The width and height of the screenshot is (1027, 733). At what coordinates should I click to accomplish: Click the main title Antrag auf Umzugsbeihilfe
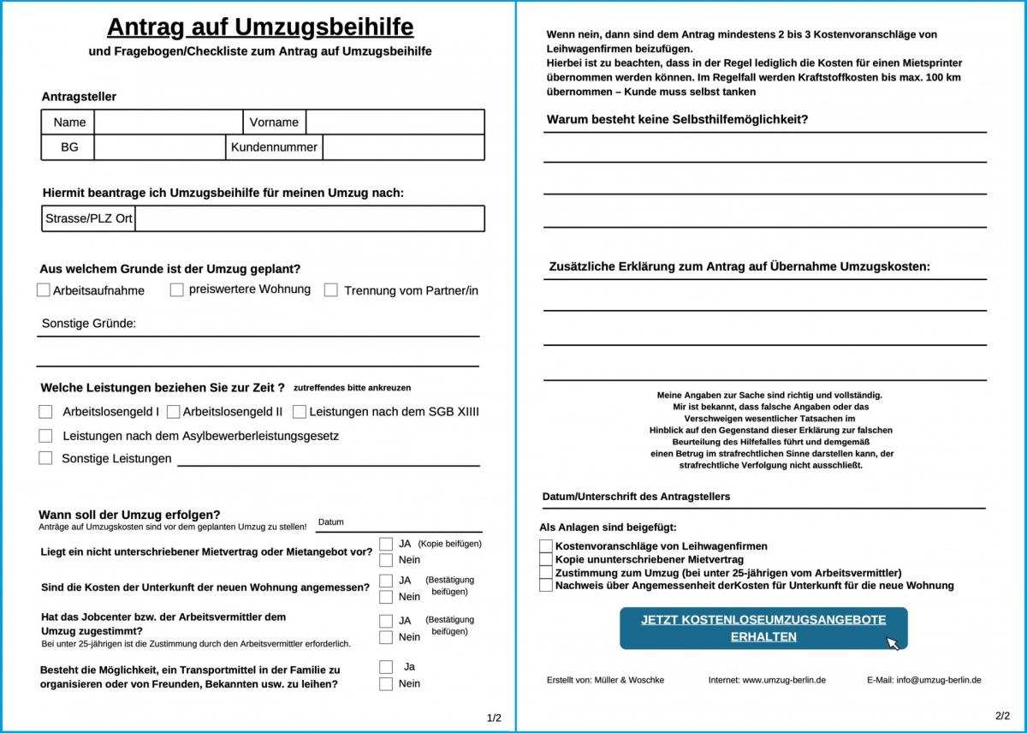click(260, 27)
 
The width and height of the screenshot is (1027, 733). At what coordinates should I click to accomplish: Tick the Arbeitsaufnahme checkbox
click(44, 290)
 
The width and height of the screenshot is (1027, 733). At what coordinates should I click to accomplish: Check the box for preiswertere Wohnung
click(177, 289)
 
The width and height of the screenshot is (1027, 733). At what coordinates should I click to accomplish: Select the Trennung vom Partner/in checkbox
click(331, 290)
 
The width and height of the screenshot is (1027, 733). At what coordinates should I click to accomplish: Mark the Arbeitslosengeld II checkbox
click(174, 412)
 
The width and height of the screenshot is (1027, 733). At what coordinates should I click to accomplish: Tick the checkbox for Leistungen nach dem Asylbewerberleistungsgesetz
click(45, 436)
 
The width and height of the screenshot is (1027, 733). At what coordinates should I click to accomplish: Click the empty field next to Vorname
click(395, 122)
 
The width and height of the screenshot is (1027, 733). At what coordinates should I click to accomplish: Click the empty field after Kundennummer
click(403, 147)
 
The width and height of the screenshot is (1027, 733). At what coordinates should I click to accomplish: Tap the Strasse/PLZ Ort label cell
click(88, 218)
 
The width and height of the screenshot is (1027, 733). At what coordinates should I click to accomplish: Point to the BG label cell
click(69, 147)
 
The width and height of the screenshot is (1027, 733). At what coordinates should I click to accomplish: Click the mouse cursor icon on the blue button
click(893, 643)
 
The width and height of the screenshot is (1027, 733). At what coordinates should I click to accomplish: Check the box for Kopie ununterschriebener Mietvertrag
click(546, 559)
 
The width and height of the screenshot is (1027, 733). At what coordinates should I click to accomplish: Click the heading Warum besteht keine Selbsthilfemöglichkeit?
click(677, 120)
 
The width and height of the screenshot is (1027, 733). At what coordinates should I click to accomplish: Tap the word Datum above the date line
click(330, 522)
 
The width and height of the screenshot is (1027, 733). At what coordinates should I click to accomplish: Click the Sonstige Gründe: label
click(89, 324)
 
